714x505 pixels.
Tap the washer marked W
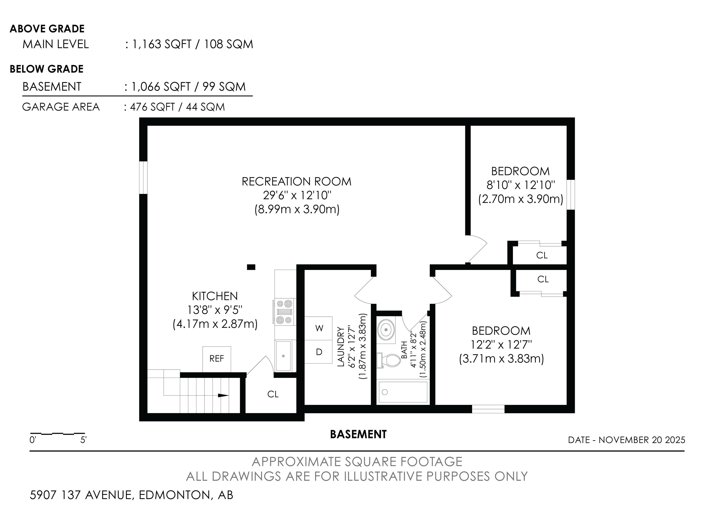318,328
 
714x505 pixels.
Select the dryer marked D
318,352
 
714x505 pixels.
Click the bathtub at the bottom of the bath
403,392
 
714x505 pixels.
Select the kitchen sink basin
283,356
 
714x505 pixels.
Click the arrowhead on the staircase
223,396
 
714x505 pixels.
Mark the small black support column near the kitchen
251,267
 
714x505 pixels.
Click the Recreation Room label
297,182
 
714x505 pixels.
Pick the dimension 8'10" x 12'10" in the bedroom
521,185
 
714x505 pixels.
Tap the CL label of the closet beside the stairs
273,394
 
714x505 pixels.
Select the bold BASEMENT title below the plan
358,434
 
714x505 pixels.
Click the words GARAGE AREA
61,107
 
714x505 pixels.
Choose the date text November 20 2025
642,440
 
